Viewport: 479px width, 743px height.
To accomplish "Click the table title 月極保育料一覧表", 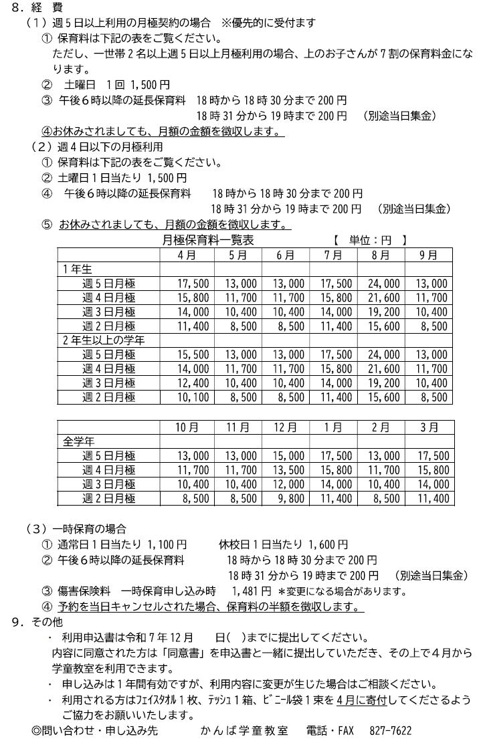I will pyautogui.click(x=208, y=239).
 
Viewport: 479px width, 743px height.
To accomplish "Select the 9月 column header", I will pyautogui.click(x=429, y=255).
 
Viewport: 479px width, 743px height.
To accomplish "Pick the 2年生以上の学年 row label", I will pyautogui.click(x=104, y=340).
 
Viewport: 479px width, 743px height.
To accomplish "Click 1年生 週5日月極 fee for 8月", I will pyautogui.click(x=383, y=283).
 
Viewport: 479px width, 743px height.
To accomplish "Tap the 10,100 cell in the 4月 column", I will pyautogui.click(x=193, y=397).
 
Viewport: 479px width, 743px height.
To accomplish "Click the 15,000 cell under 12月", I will pyautogui.click(x=288, y=456).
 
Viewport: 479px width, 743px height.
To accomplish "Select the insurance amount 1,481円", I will pyautogui.click(x=251, y=591).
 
